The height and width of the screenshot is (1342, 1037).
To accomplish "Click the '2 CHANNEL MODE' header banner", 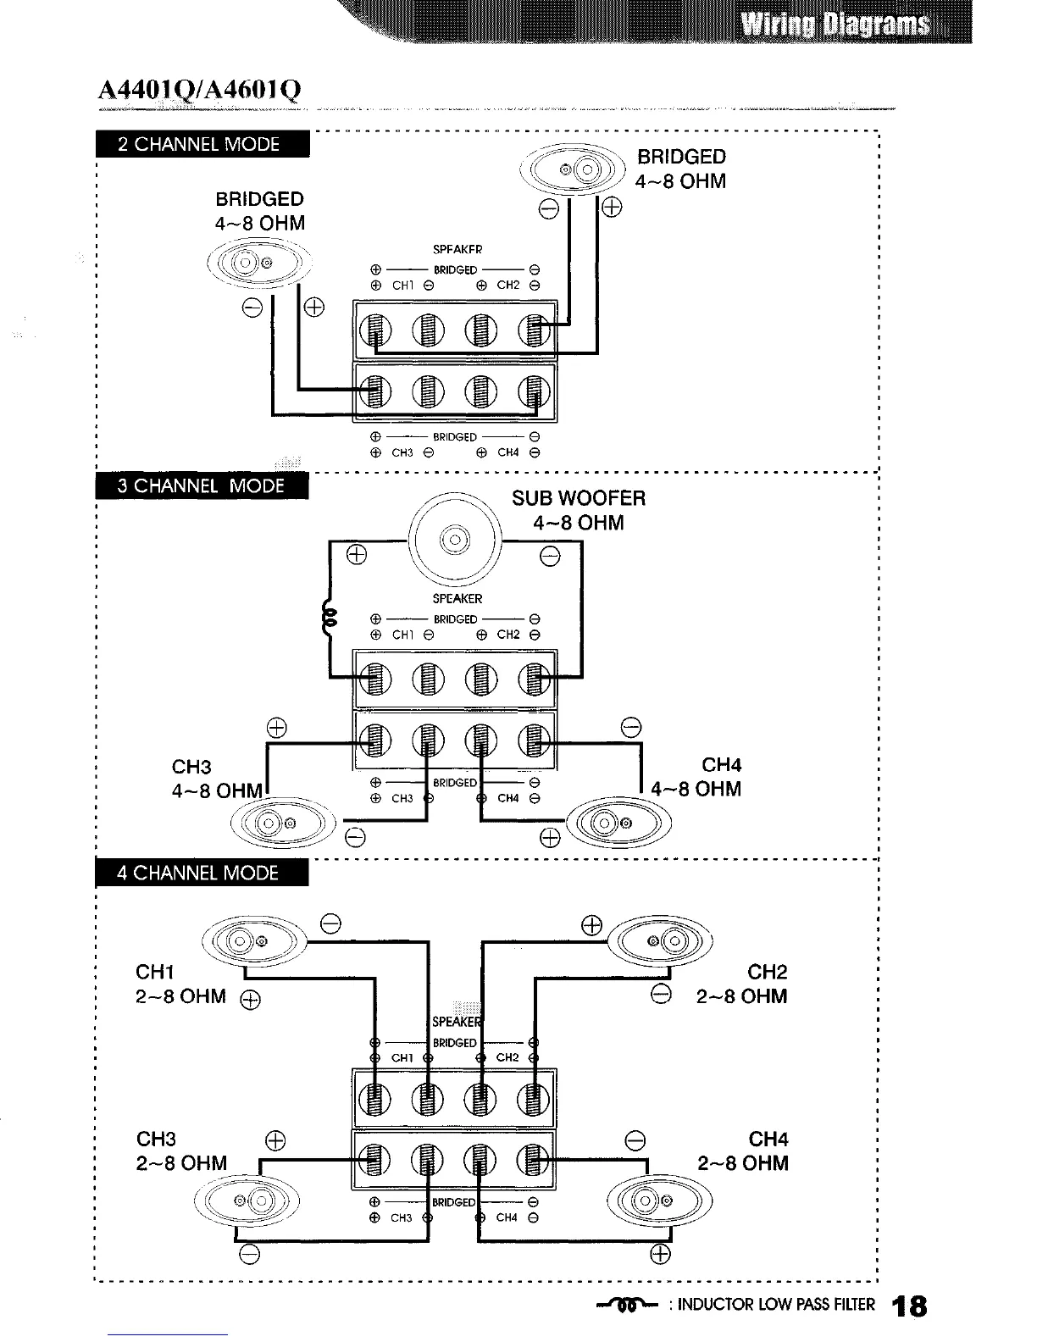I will click(202, 144).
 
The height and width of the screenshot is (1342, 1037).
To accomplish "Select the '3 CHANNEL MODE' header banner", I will click(202, 486).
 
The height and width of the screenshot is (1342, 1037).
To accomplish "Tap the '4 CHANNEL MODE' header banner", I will click(202, 873).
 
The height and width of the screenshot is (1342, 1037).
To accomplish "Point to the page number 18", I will click(908, 1306).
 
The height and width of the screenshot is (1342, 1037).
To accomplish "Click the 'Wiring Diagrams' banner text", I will click(834, 24).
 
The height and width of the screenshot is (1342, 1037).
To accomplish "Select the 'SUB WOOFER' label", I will click(579, 498).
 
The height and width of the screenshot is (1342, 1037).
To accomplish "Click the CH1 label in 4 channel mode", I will click(155, 972).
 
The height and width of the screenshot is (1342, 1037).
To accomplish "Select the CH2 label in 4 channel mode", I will click(767, 972).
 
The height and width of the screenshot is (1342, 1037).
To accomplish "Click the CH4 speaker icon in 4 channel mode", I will click(661, 1201).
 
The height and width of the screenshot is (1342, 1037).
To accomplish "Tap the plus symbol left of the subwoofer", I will click(357, 556).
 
